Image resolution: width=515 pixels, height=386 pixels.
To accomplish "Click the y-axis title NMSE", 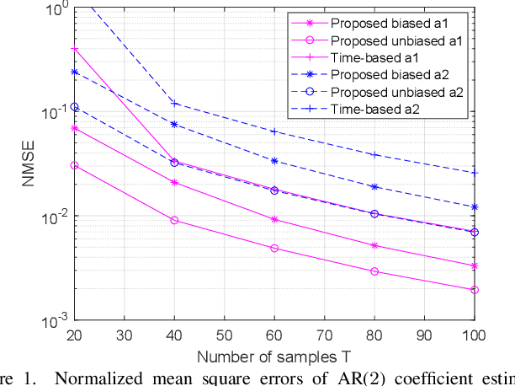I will [27, 164].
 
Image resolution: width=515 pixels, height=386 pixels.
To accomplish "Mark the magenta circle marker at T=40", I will [174, 220].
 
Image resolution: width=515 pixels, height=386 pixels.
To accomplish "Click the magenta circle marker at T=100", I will [474, 290].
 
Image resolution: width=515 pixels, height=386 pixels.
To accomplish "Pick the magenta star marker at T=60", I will [274, 219].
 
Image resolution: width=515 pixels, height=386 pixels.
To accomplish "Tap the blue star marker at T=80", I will [374, 186].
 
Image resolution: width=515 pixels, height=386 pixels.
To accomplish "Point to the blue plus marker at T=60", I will [274, 131].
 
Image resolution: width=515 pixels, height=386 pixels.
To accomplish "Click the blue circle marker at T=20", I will [75, 107].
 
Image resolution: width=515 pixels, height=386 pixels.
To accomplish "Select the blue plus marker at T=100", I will [474, 173].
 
